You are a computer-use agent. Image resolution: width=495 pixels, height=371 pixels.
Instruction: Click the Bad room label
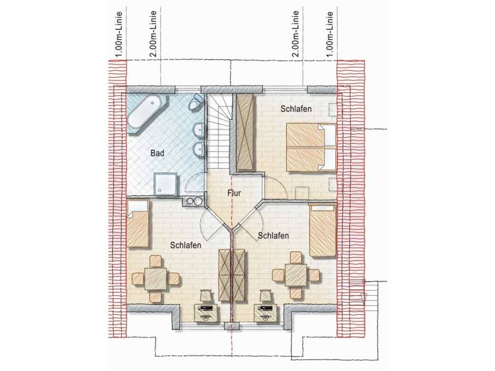pyautogui.click(x=157, y=153)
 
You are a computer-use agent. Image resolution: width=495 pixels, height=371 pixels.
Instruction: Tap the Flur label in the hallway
pyautogui.click(x=234, y=193)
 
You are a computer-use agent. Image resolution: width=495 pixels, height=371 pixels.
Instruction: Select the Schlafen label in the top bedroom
pyautogui.click(x=296, y=109)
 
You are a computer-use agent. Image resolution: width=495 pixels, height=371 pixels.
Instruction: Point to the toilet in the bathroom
pyautogui.click(x=197, y=101)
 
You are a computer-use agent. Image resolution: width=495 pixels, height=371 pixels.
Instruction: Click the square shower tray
pyautogui.click(x=166, y=184)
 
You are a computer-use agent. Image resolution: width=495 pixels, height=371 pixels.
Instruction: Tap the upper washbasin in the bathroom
pyautogui.click(x=198, y=130)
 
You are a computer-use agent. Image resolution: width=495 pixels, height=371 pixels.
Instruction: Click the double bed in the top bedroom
pyautogui.click(x=311, y=147)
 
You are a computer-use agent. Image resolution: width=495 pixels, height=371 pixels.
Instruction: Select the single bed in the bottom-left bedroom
pyautogui.click(x=138, y=224)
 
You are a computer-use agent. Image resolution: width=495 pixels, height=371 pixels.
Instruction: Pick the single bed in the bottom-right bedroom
pyautogui.click(x=322, y=230)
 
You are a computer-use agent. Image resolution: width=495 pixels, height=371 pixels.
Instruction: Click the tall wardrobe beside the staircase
pyautogui.click(x=245, y=133)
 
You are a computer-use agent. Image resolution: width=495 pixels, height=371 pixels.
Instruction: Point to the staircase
pyautogui.click(x=218, y=131)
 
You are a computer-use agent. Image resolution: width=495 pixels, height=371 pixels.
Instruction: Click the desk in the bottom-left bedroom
pyautogui.click(x=206, y=313)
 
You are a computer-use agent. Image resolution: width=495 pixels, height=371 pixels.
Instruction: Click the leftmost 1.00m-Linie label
pyautogui.click(x=119, y=34)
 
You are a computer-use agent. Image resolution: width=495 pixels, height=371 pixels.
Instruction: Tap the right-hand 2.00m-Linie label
pyautogui.click(x=295, y=34)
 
